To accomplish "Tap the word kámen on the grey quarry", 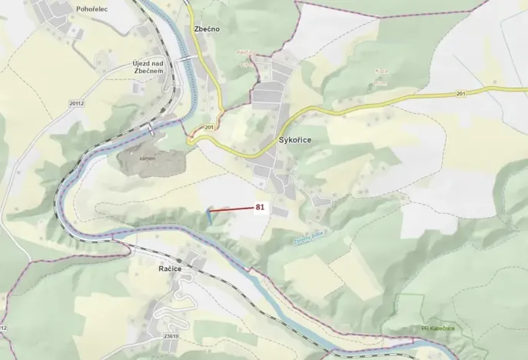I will pos(148,158).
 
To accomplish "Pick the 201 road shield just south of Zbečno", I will pos(208,126).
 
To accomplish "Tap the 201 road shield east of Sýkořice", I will pos(459,94).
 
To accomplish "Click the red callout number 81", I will pos(260,207).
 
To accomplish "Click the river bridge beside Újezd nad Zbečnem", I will pos(185,58).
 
